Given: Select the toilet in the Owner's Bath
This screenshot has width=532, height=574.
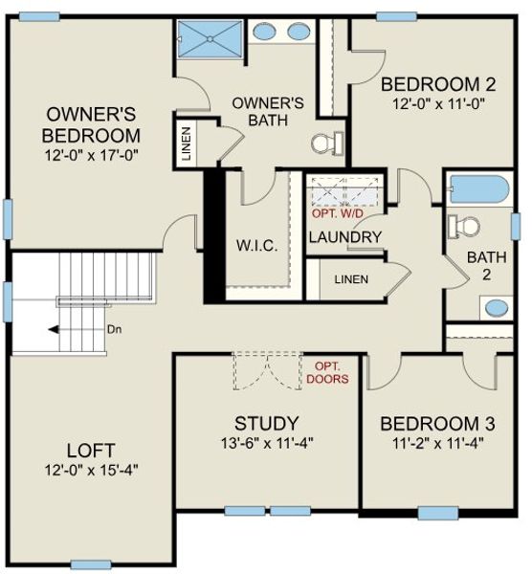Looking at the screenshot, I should [x=325, y=144].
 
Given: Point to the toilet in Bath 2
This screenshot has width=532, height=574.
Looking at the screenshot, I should [x=467, y=227].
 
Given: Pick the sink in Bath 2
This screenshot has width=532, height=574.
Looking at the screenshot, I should [x=496, y=308].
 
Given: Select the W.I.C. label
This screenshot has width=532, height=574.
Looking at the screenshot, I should [x=256, y=246].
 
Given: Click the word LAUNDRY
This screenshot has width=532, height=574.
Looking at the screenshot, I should [x=345, y=237].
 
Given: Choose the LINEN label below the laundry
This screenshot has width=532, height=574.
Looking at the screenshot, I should [x=351, y=279].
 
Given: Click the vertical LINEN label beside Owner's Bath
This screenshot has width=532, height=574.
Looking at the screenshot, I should [x=186, y=143].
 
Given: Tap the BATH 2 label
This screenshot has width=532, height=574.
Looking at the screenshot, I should [x=485, y=265].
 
